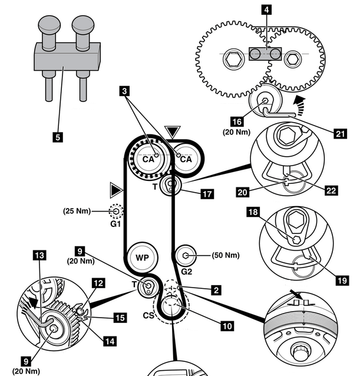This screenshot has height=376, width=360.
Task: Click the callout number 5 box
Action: [x=57, y=137]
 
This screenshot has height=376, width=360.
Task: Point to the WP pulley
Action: [x=140, y=258]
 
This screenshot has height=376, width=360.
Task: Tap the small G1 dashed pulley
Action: [x=115, y=210]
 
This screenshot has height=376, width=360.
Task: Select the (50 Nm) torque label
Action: [x=226, y=255]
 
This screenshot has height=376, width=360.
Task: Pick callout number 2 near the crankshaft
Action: [x=217, y=290]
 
